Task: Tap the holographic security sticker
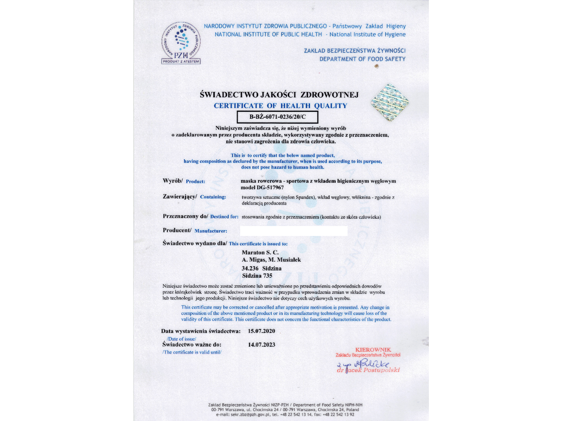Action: pyautogui.click(x=389, y=103)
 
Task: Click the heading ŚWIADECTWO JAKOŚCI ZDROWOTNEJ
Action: pyautogui.click(x=279, y=95)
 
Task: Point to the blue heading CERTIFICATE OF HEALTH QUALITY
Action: pyautogui.click(x=280, y=106)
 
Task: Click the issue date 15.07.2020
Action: pyautogui.click(x=262, y=331)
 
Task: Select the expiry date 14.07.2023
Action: pyautogui.click(x=262, y=344)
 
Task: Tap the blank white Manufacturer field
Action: pyautogui.click(x=293, y=231)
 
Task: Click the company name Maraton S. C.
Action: pyautogui.click(x=260, y=252)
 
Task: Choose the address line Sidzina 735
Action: pyautogui.click(x=257, y=275)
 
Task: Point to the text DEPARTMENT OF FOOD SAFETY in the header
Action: pyautogui.click(x=362, y=59)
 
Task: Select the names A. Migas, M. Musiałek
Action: pyautogui.click(x=271, y=260)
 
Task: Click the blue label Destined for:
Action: pyautogui.click(x=224, y=216)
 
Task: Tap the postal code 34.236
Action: pyautogui.click(x=250, y=268)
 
